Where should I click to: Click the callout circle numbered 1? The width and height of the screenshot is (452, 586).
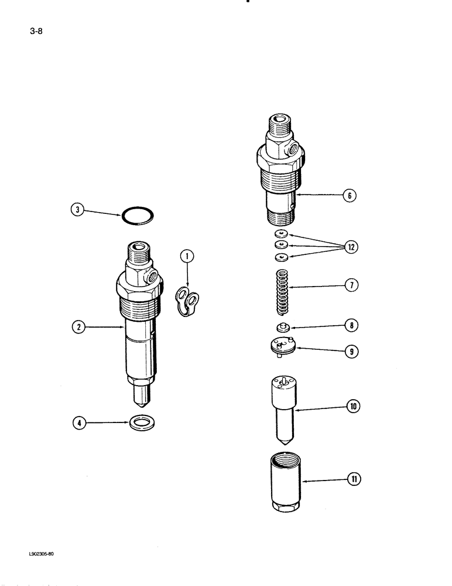click(187, 255)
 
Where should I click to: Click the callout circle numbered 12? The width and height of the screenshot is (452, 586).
click(351, 247)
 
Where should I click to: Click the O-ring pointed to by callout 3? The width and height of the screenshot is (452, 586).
click(138, 216)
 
